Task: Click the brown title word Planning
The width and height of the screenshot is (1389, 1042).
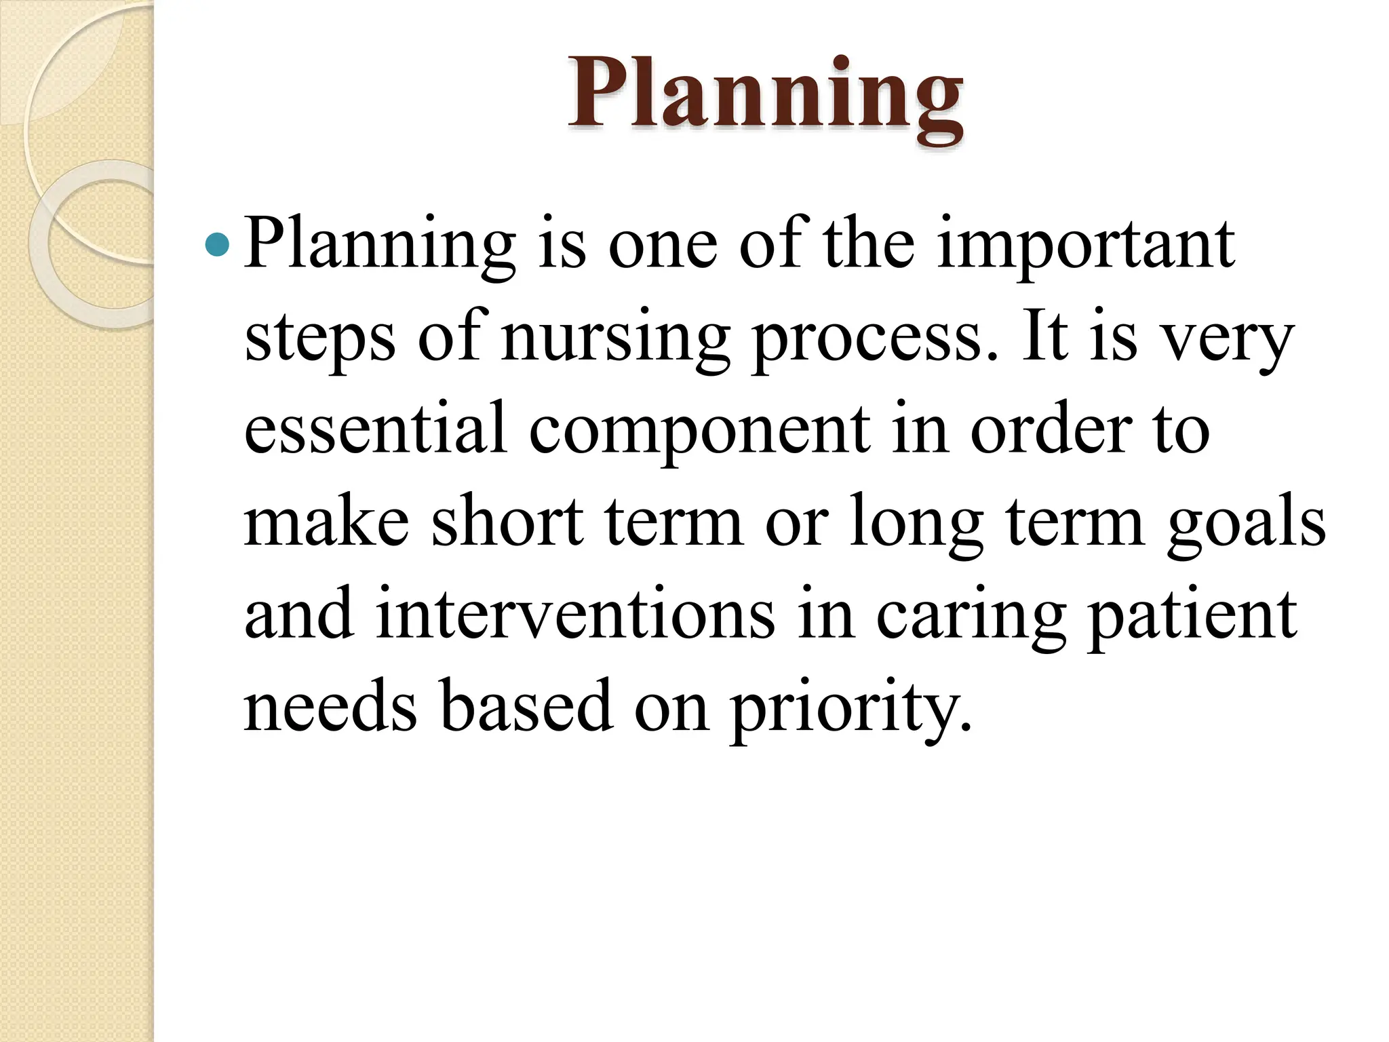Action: pyautogui.click(x=765, y=95)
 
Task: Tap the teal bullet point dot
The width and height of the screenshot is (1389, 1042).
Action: pyautogui.click(x=217, y=244)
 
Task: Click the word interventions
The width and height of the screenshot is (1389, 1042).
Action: pyautogui.click(x=575, y=614)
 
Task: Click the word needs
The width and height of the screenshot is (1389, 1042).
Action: pyautogui.click(x=330, y=706)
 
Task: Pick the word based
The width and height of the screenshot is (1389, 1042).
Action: pyautogui.click(x=526, y=706)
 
